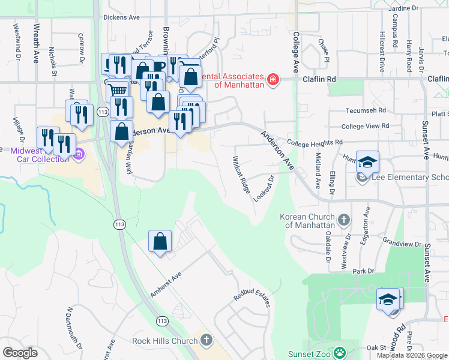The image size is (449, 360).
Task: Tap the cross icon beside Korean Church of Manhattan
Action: pyautogui.click(x=343, y=220)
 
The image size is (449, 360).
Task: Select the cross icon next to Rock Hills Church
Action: pyautogui.click(x=206, y=341)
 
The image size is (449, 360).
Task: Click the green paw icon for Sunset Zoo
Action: pyautogui.click(x=340, y=352)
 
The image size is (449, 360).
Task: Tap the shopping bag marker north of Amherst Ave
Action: pyautogui.click(x=160, y=242)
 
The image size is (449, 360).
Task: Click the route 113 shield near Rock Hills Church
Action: pyautogui.click(x=161, y=322)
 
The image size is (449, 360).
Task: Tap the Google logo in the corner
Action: pyautogui.click(x=20, y=352)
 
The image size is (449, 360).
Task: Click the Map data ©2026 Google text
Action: pyautogui.click(x=412, y=355)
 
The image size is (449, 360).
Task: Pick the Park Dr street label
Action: pyautogui.click(x=363, y=271)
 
